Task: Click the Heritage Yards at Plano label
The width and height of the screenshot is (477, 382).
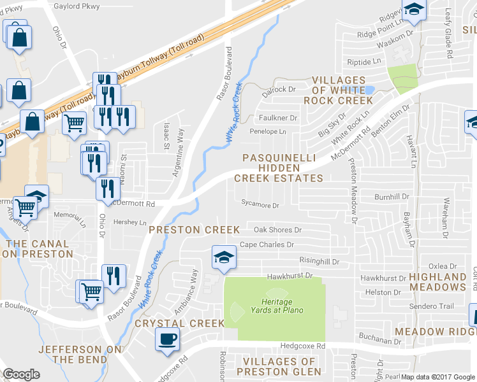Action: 273,306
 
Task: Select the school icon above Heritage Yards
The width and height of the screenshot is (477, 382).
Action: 223,258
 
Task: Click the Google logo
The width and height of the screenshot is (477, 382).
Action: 21,374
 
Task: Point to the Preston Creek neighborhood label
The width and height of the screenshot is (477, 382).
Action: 194,229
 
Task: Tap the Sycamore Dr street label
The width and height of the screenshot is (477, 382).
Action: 260,206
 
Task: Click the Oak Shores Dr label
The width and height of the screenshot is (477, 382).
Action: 277,230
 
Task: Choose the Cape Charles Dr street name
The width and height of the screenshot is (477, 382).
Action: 267,244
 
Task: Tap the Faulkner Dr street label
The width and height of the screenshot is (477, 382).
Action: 279,118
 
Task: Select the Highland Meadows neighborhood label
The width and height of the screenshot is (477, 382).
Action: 437,283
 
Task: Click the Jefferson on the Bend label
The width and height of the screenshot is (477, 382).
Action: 70,355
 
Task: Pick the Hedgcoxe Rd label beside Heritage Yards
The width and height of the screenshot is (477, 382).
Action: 303,346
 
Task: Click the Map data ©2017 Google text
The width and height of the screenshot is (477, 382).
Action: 438,377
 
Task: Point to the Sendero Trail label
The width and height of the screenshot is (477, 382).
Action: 432,306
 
